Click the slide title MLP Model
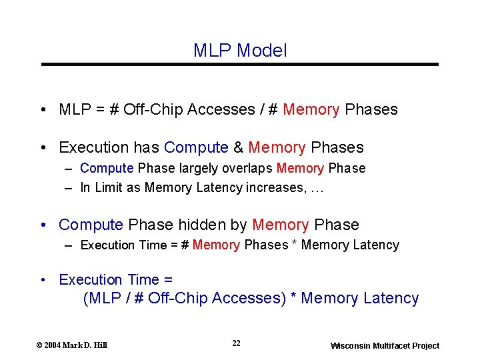240,50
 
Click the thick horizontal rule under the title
240,64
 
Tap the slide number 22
237,343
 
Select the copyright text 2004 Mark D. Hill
72,345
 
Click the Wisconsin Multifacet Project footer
385,345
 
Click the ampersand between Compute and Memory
238,147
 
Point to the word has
146,147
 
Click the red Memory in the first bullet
311,109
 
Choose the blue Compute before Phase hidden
91,225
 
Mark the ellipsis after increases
317,189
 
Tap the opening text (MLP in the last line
101,298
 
